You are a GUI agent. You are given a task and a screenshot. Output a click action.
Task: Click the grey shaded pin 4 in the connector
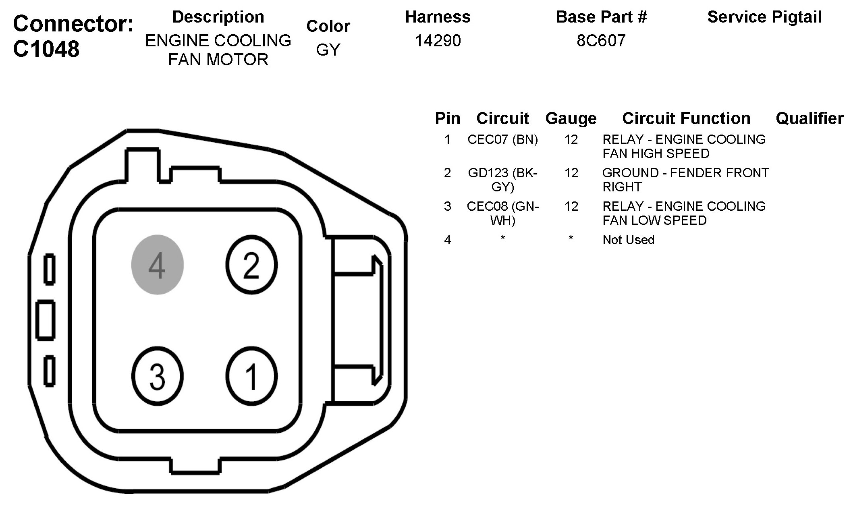click(158, 265)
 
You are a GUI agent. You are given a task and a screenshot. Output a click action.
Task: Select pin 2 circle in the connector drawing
click(251, 265)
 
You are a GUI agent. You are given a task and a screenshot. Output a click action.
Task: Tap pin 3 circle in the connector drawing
click(158, 376)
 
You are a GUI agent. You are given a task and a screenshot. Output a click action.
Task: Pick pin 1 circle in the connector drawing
click(251, 376)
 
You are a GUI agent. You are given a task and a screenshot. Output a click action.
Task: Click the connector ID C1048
click(46, 49)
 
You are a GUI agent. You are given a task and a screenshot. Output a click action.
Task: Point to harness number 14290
click(438, 41)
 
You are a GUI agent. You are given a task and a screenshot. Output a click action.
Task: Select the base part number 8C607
click(601, 41)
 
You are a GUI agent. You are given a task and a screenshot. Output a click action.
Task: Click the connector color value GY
click(328, 50)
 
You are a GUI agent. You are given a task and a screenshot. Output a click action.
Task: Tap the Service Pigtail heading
click(764, 17)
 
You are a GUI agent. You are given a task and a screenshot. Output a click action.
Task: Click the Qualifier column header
click(809, 118)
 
